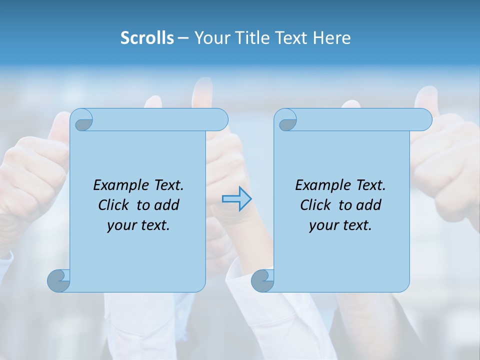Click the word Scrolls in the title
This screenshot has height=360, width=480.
[x=147, y=38]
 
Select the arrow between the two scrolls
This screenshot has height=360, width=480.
[x=236, y=198]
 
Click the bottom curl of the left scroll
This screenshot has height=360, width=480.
[x=59, y=280]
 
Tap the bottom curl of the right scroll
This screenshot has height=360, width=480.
[x=262, y=280]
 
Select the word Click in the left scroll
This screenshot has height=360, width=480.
[x=113, y=205]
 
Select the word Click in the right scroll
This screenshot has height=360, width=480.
[x=315, y=205]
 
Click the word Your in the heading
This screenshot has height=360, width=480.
[x=210, y=38]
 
